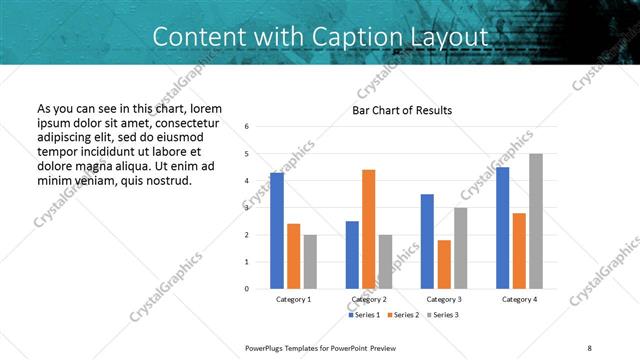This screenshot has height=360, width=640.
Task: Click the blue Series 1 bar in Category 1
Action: click(x=277, y=231)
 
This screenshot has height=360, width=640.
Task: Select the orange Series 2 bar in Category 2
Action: click(x=368, y=229)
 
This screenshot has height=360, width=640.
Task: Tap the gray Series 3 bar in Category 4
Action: click(x=536, y=221)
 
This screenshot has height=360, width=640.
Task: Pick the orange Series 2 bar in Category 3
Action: click(x=444, y=264)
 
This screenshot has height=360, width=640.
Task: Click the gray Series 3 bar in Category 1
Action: click(x=310, y=262)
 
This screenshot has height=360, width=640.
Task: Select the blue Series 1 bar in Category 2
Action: click(x=352, y=255)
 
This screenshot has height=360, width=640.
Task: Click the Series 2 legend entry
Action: click(x=404, y=315)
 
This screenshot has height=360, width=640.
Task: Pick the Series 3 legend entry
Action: click(x=442, y=315)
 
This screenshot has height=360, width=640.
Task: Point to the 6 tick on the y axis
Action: click(x=247, y=127)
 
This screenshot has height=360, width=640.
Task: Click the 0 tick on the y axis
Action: click(x=247, y=289)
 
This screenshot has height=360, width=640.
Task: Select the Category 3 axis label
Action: click(x=443, y=299)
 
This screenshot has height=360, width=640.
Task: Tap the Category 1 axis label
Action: click(x=293, y=299)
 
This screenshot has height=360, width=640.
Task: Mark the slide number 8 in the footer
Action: click(x=589, y=347)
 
